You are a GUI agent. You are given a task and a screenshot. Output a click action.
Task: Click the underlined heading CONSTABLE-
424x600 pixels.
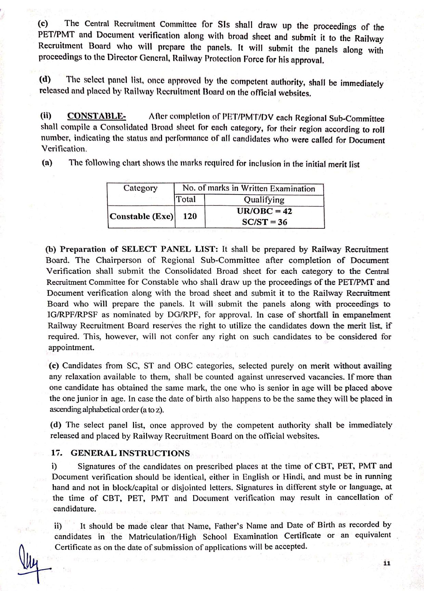[x=96, y=116]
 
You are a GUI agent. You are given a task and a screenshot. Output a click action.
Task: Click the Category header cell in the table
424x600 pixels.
[x=140, y=188]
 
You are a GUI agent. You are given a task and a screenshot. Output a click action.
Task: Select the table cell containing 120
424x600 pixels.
[x=190, y=216]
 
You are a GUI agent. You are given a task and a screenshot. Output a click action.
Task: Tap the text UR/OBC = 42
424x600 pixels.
[x=264, y=211]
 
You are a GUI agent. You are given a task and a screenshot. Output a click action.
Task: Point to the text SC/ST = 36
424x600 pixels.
[x=264, y=222]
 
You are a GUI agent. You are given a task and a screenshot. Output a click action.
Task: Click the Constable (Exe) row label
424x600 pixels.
[x=141, y=217]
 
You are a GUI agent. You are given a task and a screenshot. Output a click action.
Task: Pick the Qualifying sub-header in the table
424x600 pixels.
[x=264, y=200]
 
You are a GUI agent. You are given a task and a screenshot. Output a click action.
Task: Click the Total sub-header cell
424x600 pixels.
[x=186, y=199]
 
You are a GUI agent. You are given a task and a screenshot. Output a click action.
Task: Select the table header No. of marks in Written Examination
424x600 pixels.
[x=249, y=189]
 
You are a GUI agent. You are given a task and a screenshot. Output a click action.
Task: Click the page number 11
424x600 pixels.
[x=387, y=564]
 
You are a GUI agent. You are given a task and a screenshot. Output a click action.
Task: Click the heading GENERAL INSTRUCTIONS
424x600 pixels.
[x=130, y=453]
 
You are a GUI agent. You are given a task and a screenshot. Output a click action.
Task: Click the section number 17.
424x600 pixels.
[x=56, y=453]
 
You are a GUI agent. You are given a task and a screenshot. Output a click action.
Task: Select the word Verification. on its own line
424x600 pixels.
[x=64, y=149]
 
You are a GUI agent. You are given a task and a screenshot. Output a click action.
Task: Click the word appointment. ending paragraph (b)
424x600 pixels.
[x=71, y=348]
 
